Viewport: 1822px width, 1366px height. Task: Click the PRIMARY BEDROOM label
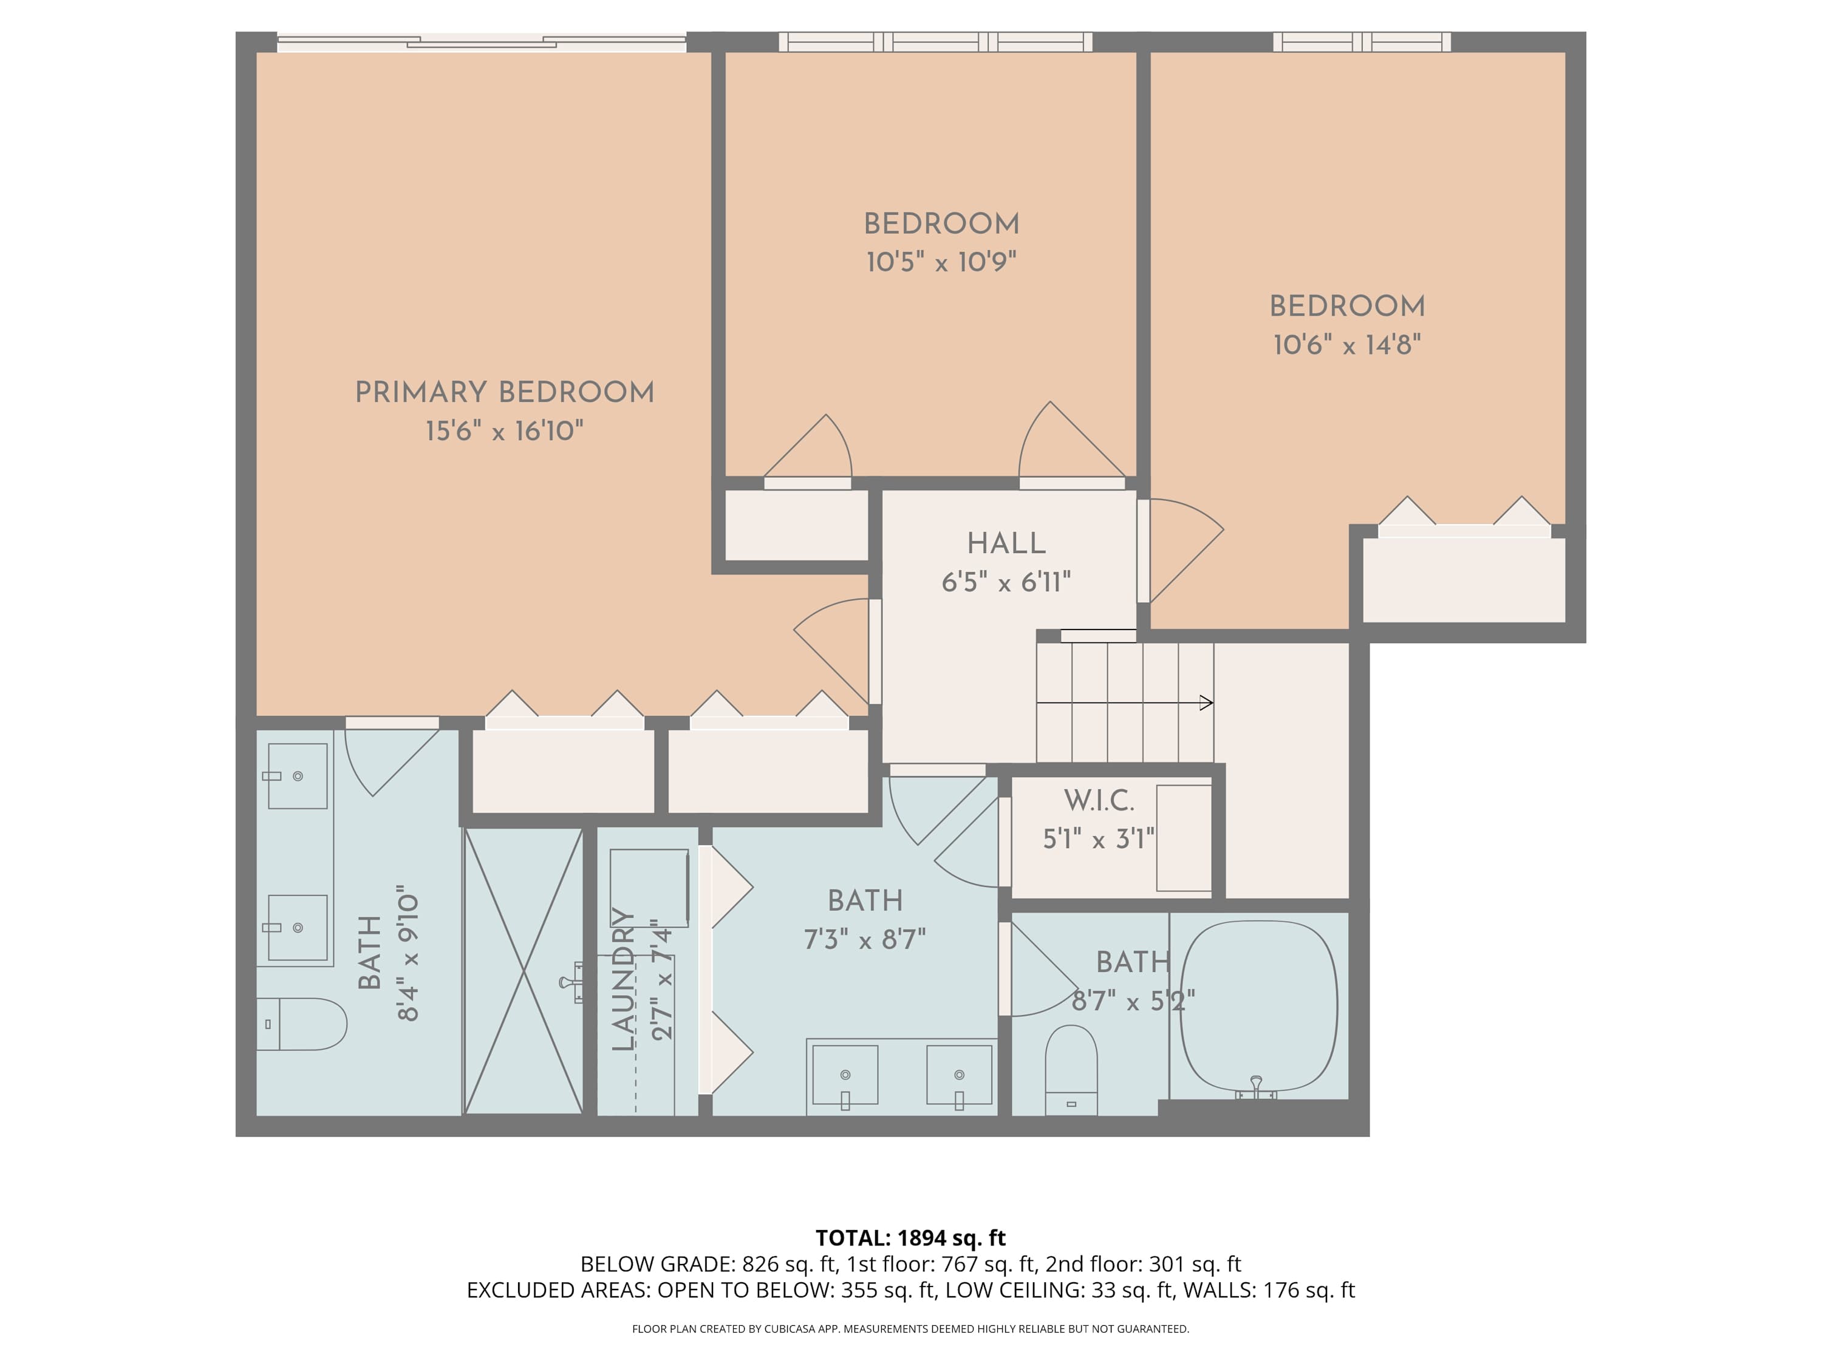(x=504, y=393)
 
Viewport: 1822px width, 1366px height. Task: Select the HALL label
(x=1006, y=543)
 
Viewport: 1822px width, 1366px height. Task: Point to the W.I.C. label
(x=1099, y=800)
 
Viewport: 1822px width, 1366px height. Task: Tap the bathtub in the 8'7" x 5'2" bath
(x=1258, y=1006)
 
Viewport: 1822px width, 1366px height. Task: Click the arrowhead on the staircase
(x=1207, y=702)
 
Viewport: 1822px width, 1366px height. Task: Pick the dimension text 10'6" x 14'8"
(x=1346, y=345)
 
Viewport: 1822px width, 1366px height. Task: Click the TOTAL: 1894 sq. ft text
(x=910, y=1237)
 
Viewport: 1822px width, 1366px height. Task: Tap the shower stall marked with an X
(x=524, y=971)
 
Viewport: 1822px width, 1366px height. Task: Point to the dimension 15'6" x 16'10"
(x=504, y=430)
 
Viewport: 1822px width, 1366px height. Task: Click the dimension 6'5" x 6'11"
(x=1006, y=583)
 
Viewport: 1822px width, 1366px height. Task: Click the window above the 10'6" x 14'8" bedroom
(x=1362, y=42)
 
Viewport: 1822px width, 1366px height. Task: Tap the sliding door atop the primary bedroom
(x=481, y=42)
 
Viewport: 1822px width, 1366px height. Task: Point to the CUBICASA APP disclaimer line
(x=910, y=1328)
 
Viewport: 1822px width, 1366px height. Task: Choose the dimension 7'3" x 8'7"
(x=865, y=939)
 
